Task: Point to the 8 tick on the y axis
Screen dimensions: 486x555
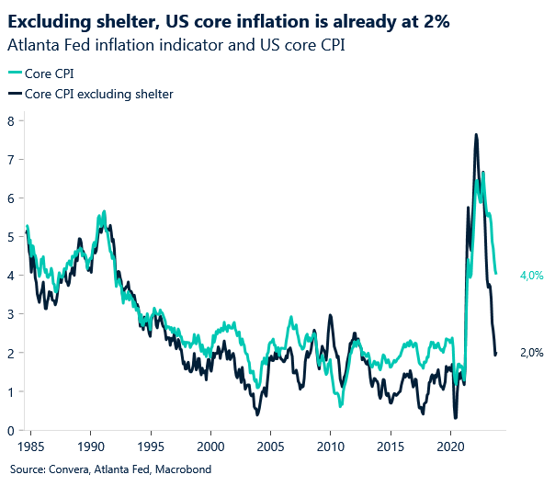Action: (10, 120)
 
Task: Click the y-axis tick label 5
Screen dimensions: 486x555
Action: (10, 237)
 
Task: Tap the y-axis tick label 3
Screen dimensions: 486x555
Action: (10, 314)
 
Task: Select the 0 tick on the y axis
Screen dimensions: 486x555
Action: (10, 431)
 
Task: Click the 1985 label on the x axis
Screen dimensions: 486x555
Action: (30, 447)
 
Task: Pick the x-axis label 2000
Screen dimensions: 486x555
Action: (210, 447)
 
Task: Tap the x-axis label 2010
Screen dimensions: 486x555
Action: (330, 447)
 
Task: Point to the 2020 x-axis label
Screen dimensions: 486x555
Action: (450, 447)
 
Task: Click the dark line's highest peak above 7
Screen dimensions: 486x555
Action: (475, 134)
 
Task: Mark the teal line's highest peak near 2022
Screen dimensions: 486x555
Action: (483, 172)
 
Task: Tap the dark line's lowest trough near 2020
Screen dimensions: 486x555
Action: (456, 418)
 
